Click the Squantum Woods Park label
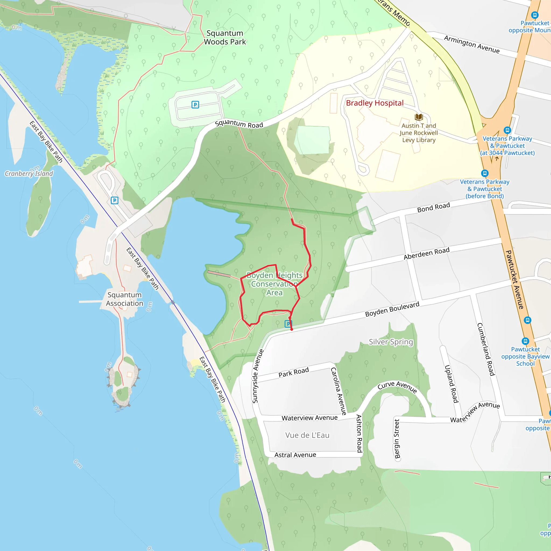[225, 37]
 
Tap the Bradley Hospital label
[375, 103]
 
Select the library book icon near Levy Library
[419, 117]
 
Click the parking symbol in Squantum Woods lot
[195, 105]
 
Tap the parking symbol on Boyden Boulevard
[288, 324]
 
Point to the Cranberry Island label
[29, 174]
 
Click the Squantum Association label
[125, 299]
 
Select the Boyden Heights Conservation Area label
[274, 284]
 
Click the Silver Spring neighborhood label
[391, 342]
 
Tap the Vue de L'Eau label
[307, 435]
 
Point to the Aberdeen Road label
[426, 253]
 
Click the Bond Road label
[433, 207]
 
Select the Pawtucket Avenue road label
[515, 280]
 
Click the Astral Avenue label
[295, 455]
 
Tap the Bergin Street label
[397, 439]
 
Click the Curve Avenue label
[397, 387]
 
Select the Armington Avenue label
[472, 44]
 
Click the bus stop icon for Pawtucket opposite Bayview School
[525, 341]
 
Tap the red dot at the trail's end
[291, 329]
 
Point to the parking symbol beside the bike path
[115, 200]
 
